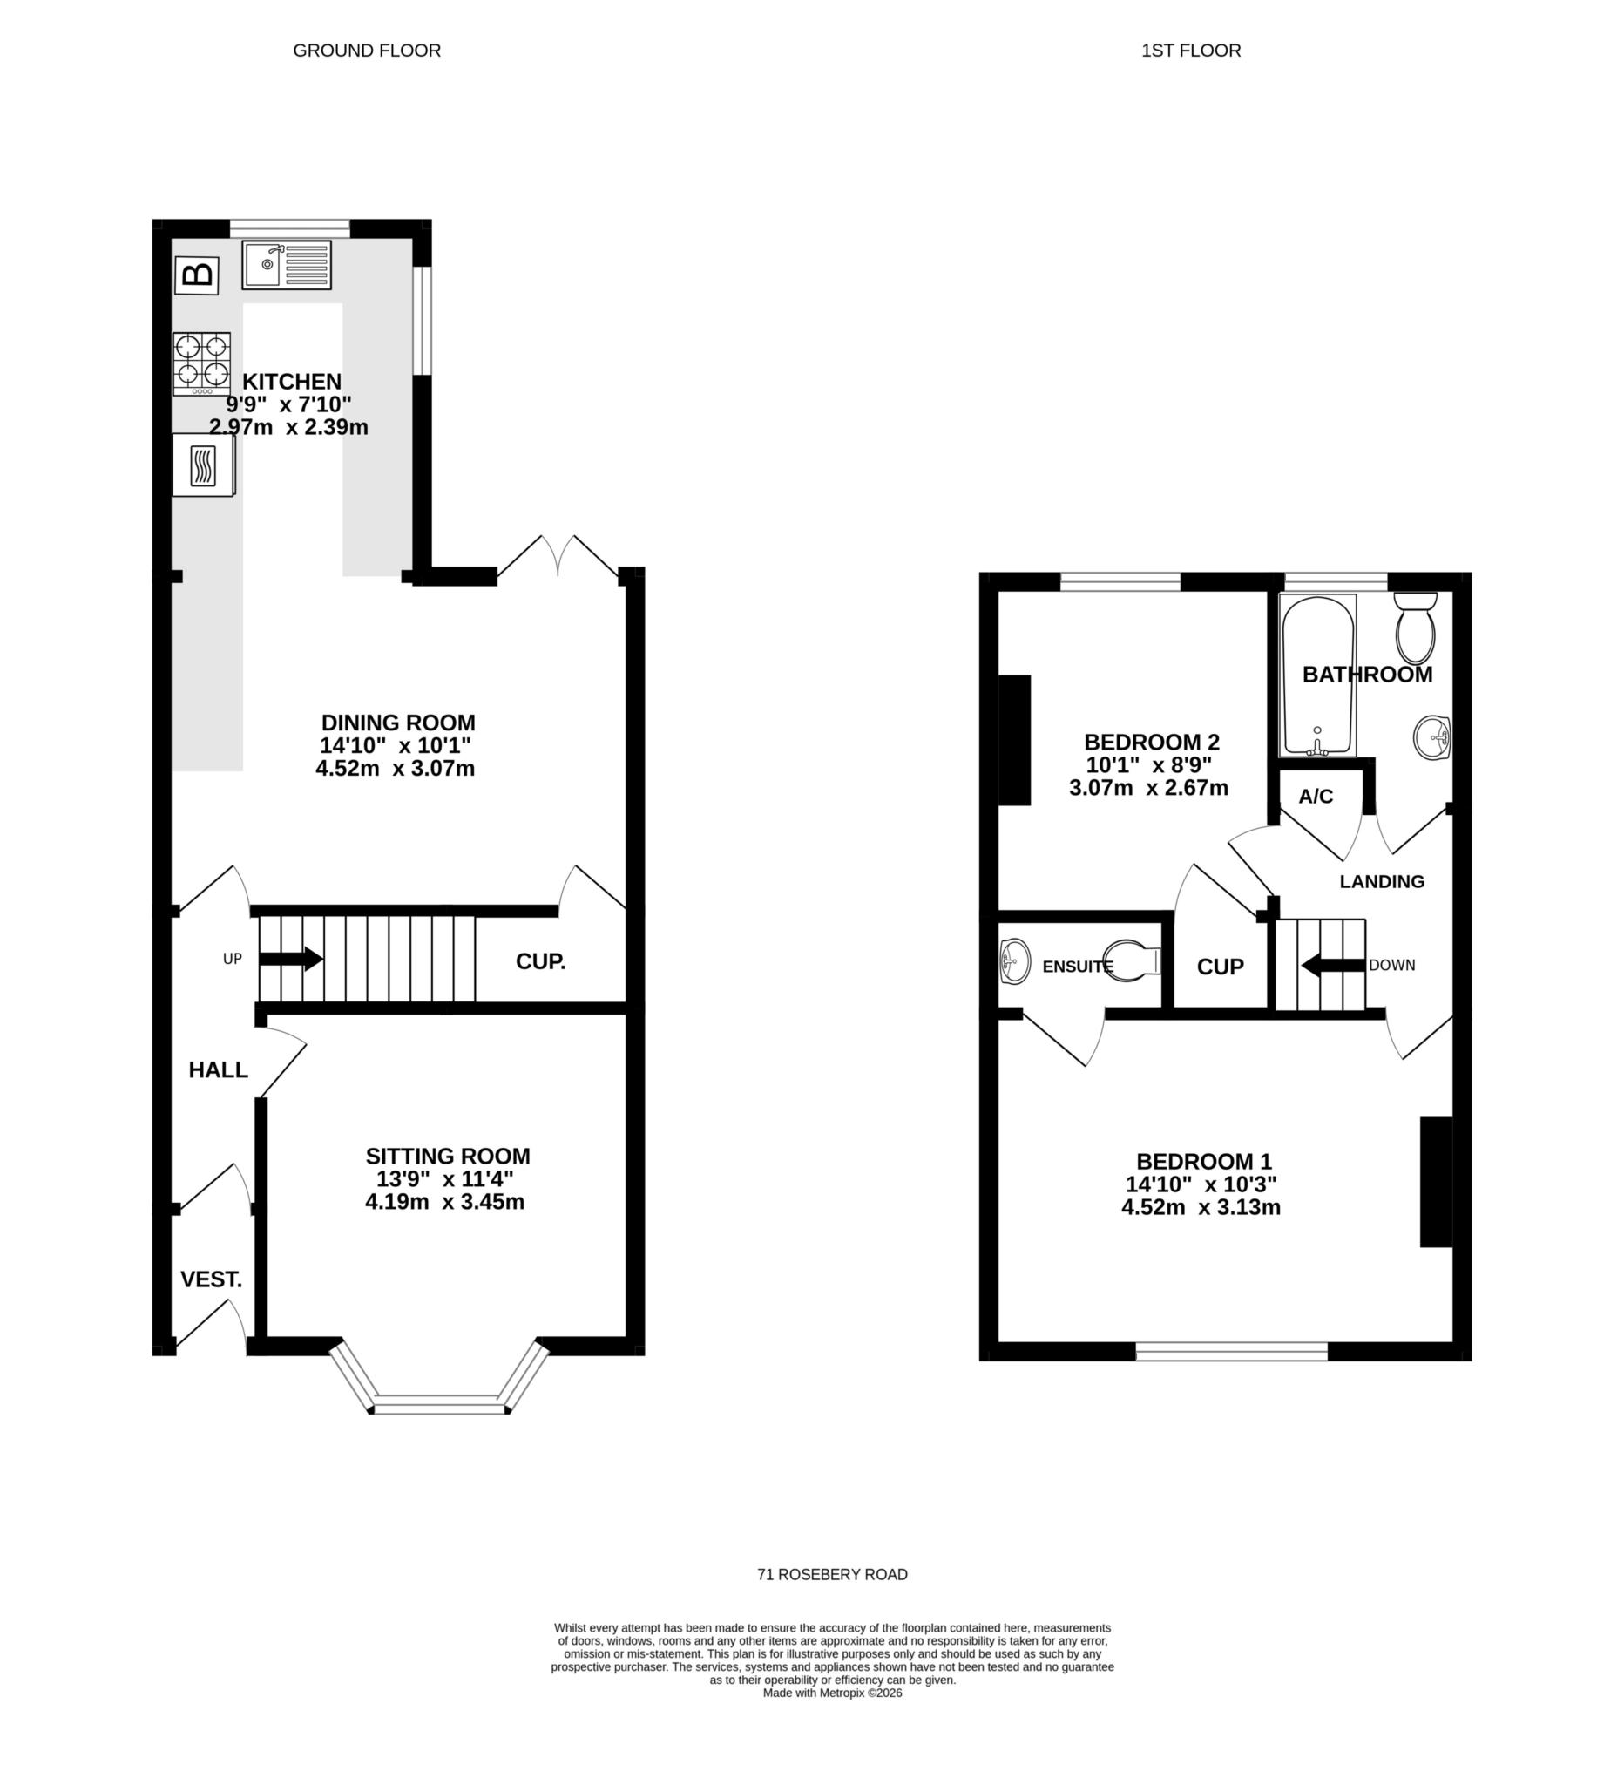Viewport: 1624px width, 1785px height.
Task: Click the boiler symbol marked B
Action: click(197, 275)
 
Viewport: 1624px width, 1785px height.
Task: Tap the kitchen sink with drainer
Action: click(287, 265)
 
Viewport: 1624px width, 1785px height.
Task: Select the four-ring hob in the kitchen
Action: click(202, 363)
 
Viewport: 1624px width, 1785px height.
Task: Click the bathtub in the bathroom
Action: click(1317, 676)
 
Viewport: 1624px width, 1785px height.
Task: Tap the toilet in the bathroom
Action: click(1415, 629)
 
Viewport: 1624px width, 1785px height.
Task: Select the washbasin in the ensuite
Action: click(1014, 960)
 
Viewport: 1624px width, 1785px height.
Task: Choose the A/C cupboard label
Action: click(1315, 797)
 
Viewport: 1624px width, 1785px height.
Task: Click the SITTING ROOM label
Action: click(448, 1157)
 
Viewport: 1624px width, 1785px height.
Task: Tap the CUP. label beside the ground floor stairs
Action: click(541, 961)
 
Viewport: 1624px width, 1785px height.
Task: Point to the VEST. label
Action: click(211, 1279)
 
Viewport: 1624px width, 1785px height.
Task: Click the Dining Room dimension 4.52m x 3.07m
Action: click(396, 769)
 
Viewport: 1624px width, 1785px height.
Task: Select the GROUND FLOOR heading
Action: click(367, 51)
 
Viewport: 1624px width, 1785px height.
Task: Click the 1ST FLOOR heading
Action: click(1190, 51)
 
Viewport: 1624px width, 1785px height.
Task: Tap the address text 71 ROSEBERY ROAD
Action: click(832, 1574)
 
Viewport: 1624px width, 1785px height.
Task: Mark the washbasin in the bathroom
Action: click(1431, 737)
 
